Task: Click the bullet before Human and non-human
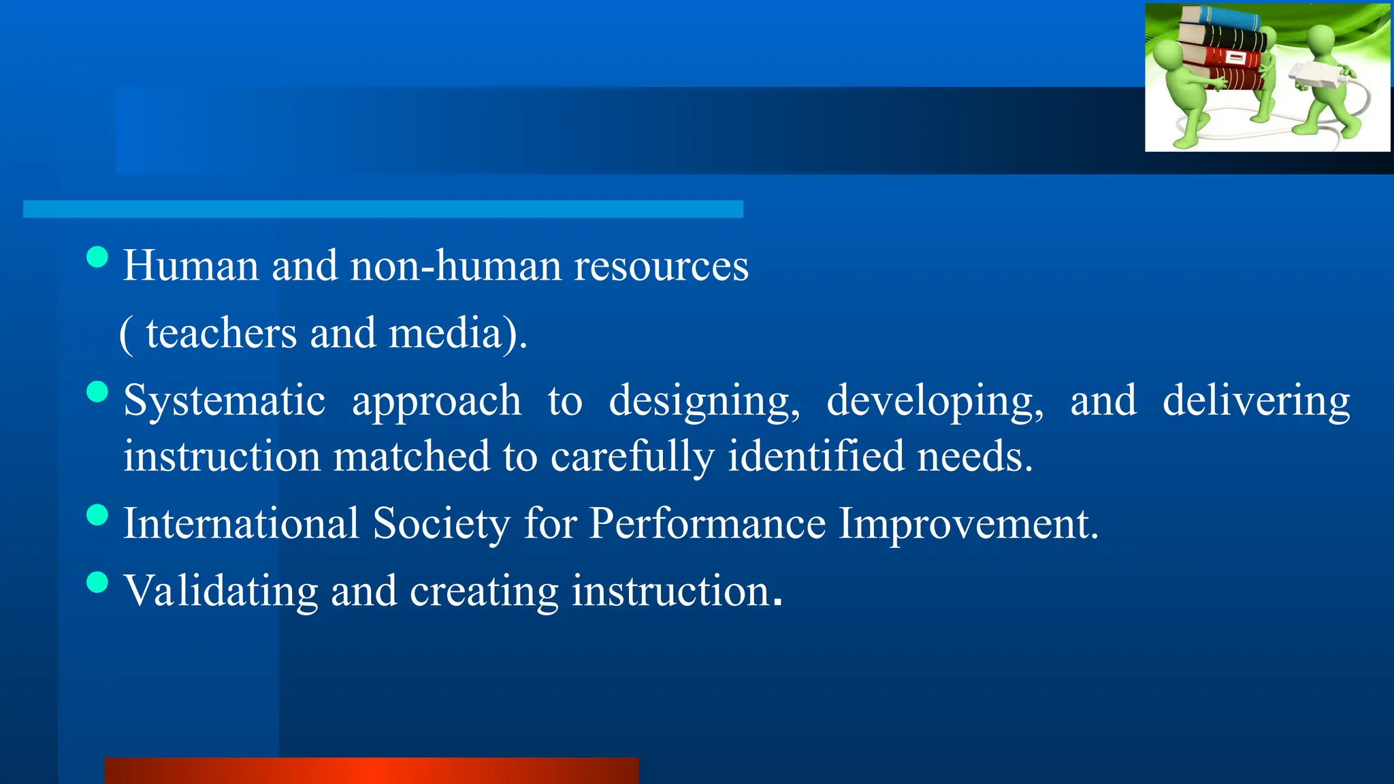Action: click(98, 257)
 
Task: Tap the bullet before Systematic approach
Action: click(98, 392)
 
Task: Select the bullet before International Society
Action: click(98, 514)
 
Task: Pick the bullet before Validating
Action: click(98, 583)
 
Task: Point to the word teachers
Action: click(222, 333)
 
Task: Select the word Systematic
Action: click(224, 401)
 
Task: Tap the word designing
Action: click(704, 401)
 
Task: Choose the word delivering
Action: click(1256, 401)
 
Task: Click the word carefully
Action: click(632, 457)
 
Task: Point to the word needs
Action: click(974, 457)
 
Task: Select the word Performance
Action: click(707, 524)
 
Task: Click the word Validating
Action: click(221, 591)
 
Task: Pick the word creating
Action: click(484, 591)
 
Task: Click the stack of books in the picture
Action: click(1222, 51)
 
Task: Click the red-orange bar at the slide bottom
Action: click(372, 770)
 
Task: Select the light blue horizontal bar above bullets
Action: click(383, 209)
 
